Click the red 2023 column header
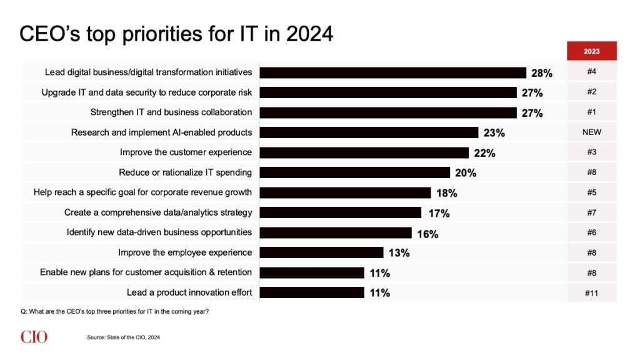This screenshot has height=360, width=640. click(591, 51)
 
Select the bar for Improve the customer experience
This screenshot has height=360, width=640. click(364, 152)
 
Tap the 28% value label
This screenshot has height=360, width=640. click(541, 73)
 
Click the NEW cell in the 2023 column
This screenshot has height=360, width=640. click(591, 132)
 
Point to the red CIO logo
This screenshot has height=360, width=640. click(33, 337)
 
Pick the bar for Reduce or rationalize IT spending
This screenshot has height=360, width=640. click(354, 172)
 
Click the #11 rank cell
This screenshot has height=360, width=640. click(591, 292)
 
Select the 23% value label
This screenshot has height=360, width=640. click(494, 133)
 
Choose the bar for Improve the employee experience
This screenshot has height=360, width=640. click(321, 252)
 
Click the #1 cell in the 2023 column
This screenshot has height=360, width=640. click(591, 112)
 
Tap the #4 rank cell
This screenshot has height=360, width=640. click(591, 72)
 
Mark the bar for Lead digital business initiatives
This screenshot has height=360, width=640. click(392, 72)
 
